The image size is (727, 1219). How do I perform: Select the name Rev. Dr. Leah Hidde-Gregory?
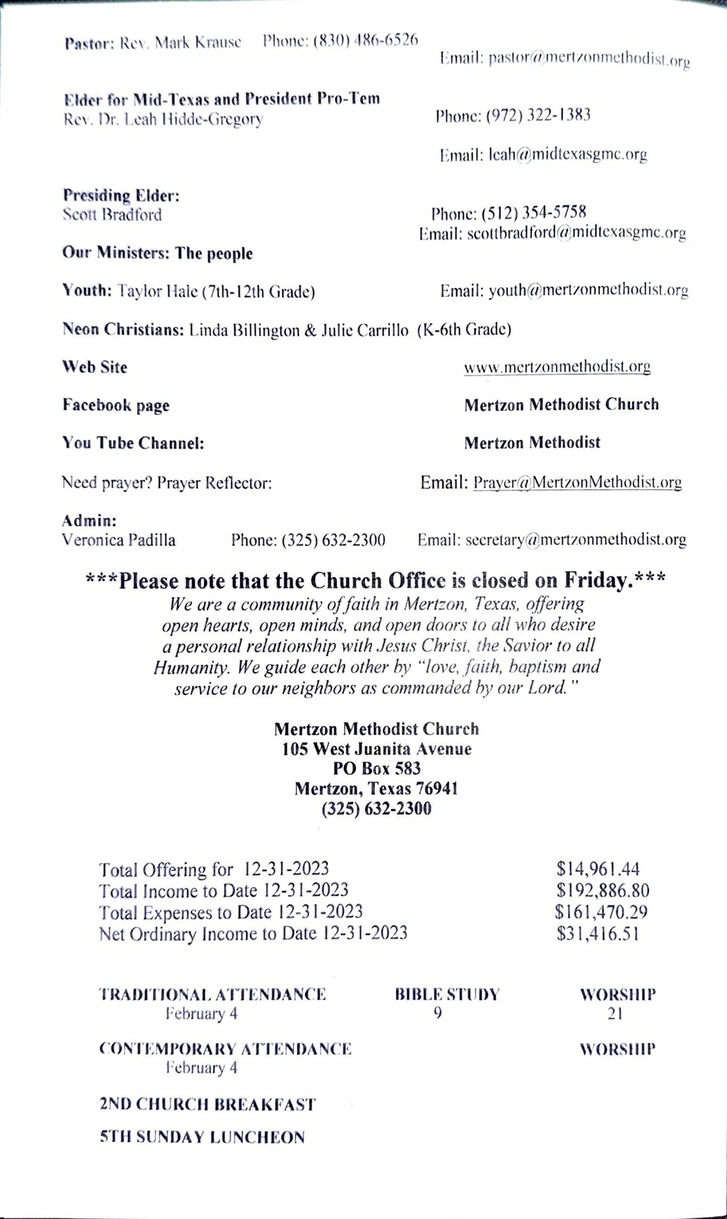163,119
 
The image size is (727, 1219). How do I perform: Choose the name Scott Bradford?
112,215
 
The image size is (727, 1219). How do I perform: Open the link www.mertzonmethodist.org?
557,366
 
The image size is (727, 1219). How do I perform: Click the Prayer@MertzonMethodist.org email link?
577,482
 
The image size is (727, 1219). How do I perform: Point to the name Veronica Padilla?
118,540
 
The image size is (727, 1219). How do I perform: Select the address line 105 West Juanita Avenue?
377,749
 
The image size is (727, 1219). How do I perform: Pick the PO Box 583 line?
377,768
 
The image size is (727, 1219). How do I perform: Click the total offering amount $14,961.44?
597,869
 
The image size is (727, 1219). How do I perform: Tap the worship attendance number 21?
615,1014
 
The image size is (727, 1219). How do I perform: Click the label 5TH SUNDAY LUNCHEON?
202,1137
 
